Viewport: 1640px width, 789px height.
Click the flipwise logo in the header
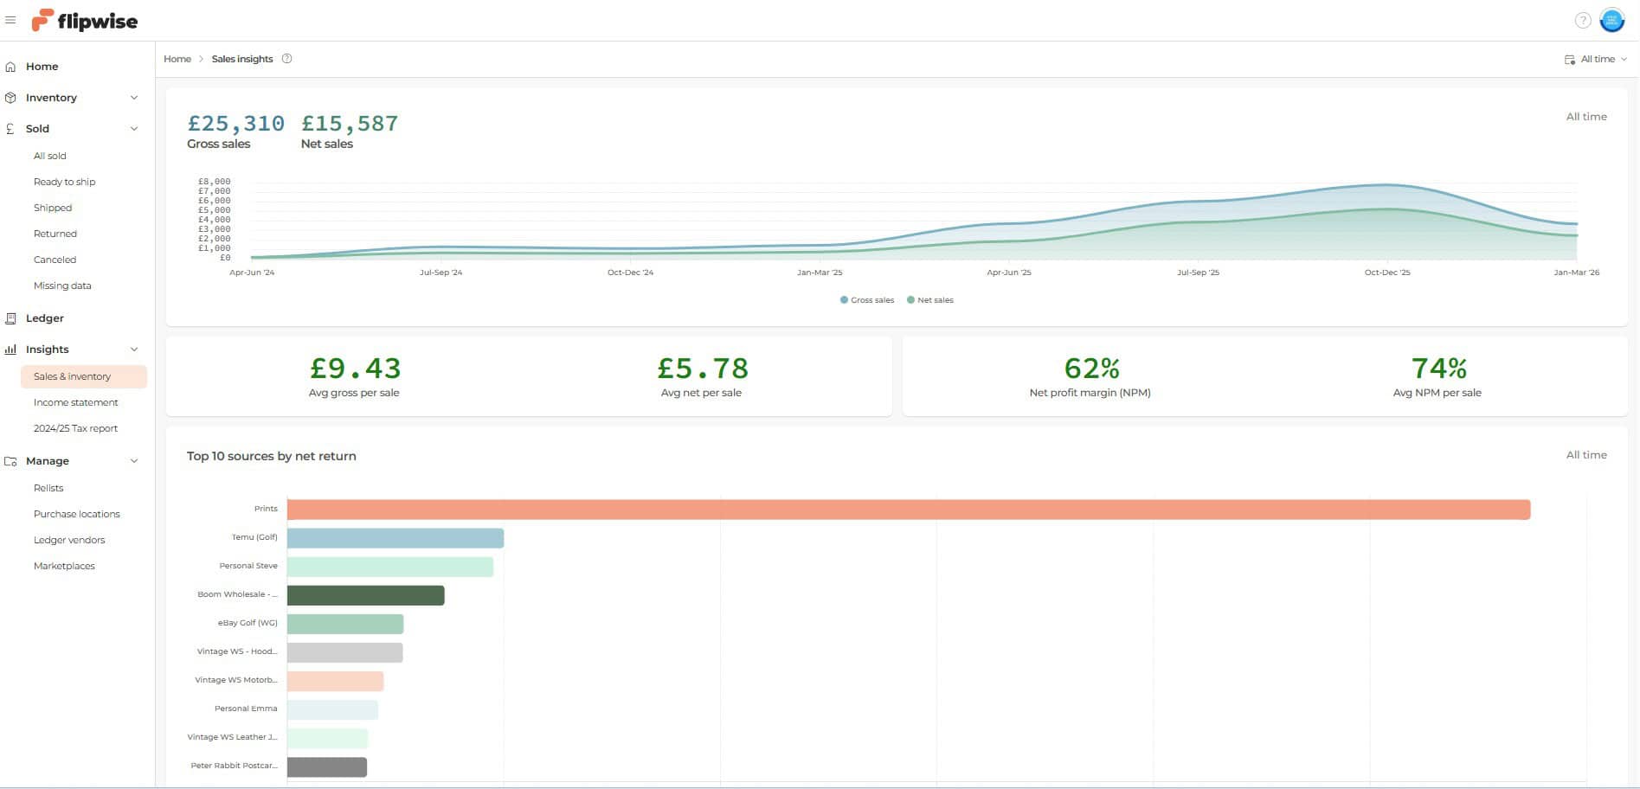tap(84, 21)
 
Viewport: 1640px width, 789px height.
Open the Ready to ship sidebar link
tap(64, 182)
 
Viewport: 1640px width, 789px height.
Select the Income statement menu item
tap(75, 402)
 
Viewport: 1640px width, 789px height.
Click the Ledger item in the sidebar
tap(44, 318)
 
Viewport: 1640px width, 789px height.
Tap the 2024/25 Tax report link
tap(75, 428)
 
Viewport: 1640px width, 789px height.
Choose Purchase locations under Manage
tap(76, 514)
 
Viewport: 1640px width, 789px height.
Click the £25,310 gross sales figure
tap(235, 124)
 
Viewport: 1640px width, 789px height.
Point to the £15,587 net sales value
tap(350, 124)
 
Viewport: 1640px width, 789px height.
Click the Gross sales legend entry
tap(867, 300)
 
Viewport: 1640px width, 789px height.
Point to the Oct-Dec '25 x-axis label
tap(1386, 273)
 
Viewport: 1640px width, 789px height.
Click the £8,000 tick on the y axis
tap(215, 182)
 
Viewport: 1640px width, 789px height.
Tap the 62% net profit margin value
tap(1091, 369)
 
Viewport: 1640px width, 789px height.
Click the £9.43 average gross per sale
tap(355, 369)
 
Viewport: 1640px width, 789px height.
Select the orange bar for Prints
tap(908, 510)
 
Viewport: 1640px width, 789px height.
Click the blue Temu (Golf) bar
tap(395, 538)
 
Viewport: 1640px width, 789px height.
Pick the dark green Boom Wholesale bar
tap(365, 595)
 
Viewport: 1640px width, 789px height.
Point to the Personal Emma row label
tap(246, 709)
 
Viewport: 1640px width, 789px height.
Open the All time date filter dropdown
tap(1596, 59)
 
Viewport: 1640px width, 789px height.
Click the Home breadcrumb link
tap(177, 59)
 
